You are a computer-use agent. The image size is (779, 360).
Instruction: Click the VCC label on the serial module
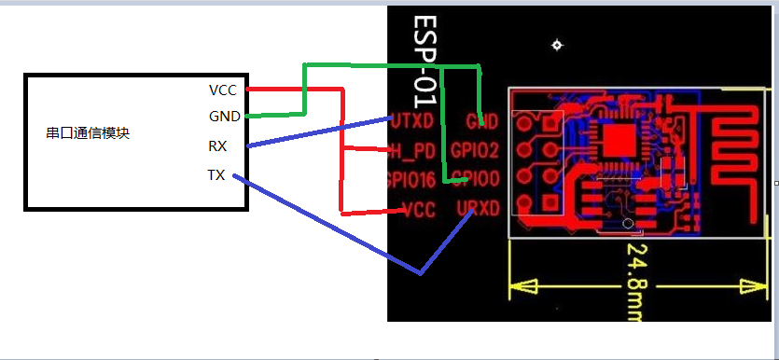click(x=223, y=90)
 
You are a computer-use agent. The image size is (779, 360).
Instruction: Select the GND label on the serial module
click(x=224, y=117)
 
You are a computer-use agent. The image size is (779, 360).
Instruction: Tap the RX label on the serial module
click(x=217, y=146)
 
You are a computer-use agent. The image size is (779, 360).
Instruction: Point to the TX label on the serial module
click(x=216, y=174)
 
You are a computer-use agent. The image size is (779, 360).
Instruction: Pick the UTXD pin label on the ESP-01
click(x=411, y=121)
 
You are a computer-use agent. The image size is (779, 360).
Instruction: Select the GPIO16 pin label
click(x=410, y=179)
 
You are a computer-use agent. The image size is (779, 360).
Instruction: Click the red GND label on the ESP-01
click(x=481, y=121)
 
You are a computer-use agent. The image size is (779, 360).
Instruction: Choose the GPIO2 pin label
click(x=475, y=149)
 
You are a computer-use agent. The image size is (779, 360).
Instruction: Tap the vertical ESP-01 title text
click(x=425, y=56)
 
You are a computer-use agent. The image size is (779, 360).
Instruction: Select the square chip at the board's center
click(x=618, y=140)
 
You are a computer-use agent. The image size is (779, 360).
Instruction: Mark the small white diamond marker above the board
click(x=557, y=45)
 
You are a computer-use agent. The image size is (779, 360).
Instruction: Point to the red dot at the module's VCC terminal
click(x=246, y=90)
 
